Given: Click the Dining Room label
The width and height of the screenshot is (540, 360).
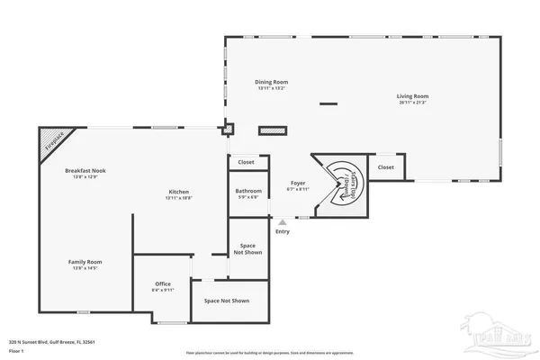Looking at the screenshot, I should click(x=273, y=84).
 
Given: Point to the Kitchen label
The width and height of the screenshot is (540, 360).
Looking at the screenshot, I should click(x=178, y=193).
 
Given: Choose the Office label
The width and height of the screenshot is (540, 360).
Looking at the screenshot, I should click(x=163, y=286).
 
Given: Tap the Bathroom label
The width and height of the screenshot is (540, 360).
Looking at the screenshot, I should click(x=247, y=193).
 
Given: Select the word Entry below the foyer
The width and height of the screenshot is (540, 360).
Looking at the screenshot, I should click(x=283, y=232).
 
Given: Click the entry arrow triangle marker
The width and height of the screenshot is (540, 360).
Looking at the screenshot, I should click(x=283, y=220).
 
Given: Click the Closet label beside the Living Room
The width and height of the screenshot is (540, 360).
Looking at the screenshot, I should click(x=385, y=167).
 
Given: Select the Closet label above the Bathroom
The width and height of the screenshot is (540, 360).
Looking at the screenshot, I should click(x=247, y=163).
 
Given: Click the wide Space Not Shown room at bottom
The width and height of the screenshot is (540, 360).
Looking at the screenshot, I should click(x=226, y=301).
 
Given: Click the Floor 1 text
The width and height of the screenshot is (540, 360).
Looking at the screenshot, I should click(x=16, y=350).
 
